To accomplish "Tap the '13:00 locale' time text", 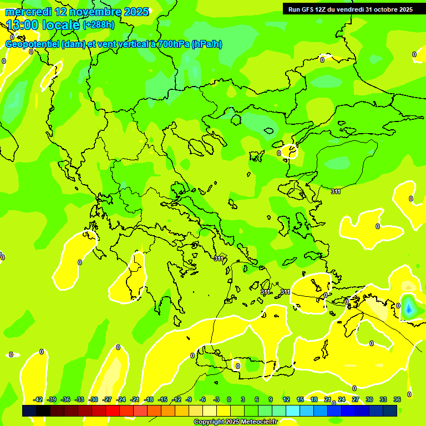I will click(x=42, y=24).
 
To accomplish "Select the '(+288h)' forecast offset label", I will click(x=99, y=24).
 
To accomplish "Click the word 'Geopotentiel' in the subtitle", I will click(x=33, y=44).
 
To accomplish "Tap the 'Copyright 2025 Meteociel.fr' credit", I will click(x=236, y=422).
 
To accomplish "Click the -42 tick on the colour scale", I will click(x=38, y=399).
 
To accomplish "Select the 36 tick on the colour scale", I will click(x=397, y=399).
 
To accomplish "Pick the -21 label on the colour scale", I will click(x=135, y=399).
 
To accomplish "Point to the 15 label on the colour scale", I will click(x=300, y=399).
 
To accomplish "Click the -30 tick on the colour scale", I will click(x=94, y=399).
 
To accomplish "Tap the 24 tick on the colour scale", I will click(x=342, y=399).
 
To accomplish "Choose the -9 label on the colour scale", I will click(x=189, y=399).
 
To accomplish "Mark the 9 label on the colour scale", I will click(x=271, y=399).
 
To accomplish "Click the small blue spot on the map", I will click(x=408, y=307).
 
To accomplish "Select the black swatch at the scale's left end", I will click(x=29, y=410).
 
